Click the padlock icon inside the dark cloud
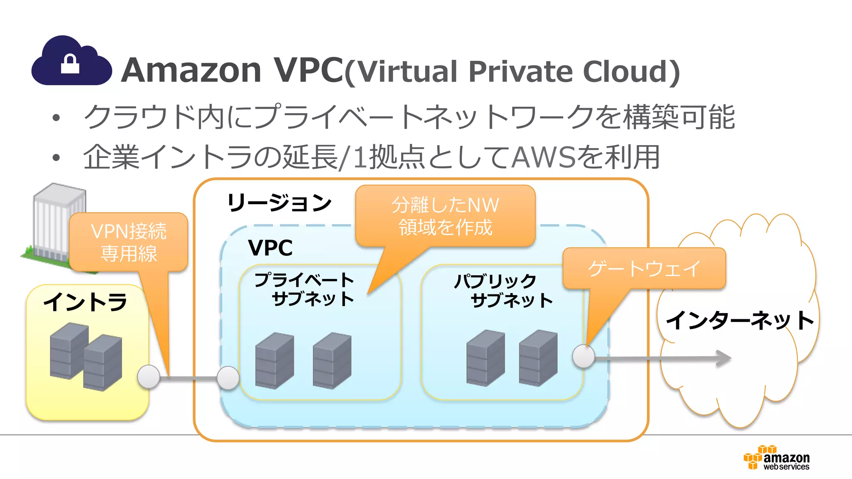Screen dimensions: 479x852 pyautogui.click(x=70, y=64)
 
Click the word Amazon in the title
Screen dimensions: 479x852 pyautogui.click(x=191, y=70)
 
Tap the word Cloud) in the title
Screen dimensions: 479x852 pyautogui.click(x=631, y=72)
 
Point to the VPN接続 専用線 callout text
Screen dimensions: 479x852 pyautogui.click(x=129, y=242)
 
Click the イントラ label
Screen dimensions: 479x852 pyautogui.click(x=85, y=301)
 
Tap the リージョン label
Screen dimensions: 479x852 pyautogui.click(x=279, y=203)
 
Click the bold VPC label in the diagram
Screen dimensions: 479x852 pyautogui.click(x=270, y=248)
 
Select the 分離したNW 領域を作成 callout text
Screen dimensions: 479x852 pyautogui.click(x=445, y=216)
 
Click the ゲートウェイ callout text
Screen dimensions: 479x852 pyautogui.click(x=644, y=268)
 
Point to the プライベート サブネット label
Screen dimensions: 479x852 pyautogui.click(x=305, y=289)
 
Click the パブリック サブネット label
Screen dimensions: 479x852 pyautogui.click(x=503, y=291)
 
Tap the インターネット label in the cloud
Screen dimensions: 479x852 pyautogui.click(x=740, y=320)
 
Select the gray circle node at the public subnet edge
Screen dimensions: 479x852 pyautogui.click(x=584, y=356)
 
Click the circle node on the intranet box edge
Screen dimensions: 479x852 pyautogui.click(x=149, y=377)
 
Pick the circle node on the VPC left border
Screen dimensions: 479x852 pyautogui.click(x=228, y=378)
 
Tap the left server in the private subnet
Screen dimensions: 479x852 pyautogui.click(x=275, y=360)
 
